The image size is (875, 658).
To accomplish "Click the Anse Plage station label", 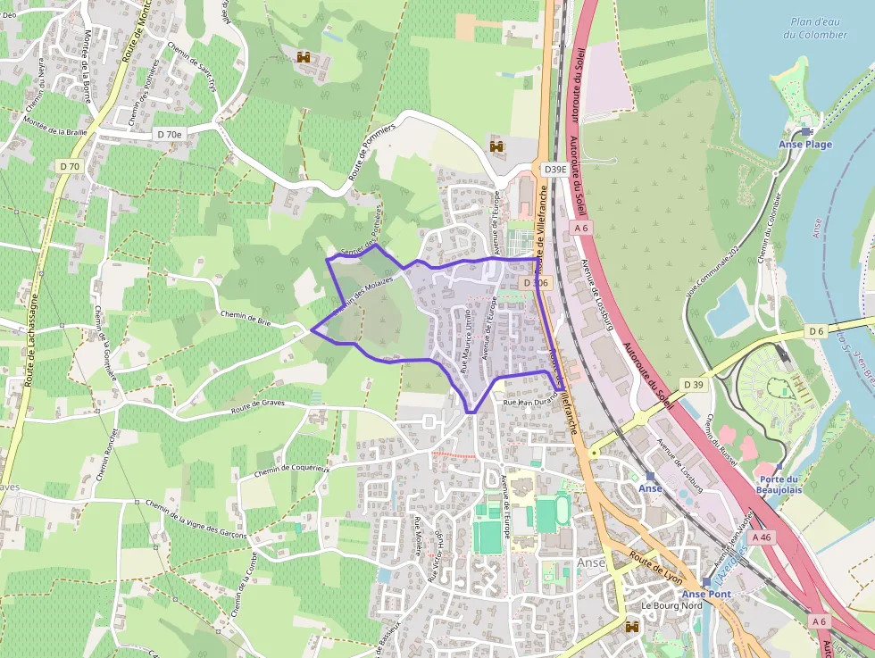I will (804, 145).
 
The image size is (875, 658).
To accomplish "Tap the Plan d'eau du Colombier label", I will (814, 29).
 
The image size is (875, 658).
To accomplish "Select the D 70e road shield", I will (168, 134).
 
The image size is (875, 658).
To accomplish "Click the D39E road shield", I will (554, 169).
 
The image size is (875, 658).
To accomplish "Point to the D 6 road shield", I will (816, 332).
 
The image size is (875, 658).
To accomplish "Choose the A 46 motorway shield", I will (761, 537).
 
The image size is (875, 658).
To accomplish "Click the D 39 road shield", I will (694, 384).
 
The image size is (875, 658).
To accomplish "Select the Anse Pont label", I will (706, 594).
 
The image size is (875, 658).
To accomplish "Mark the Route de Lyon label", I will (655, 567).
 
